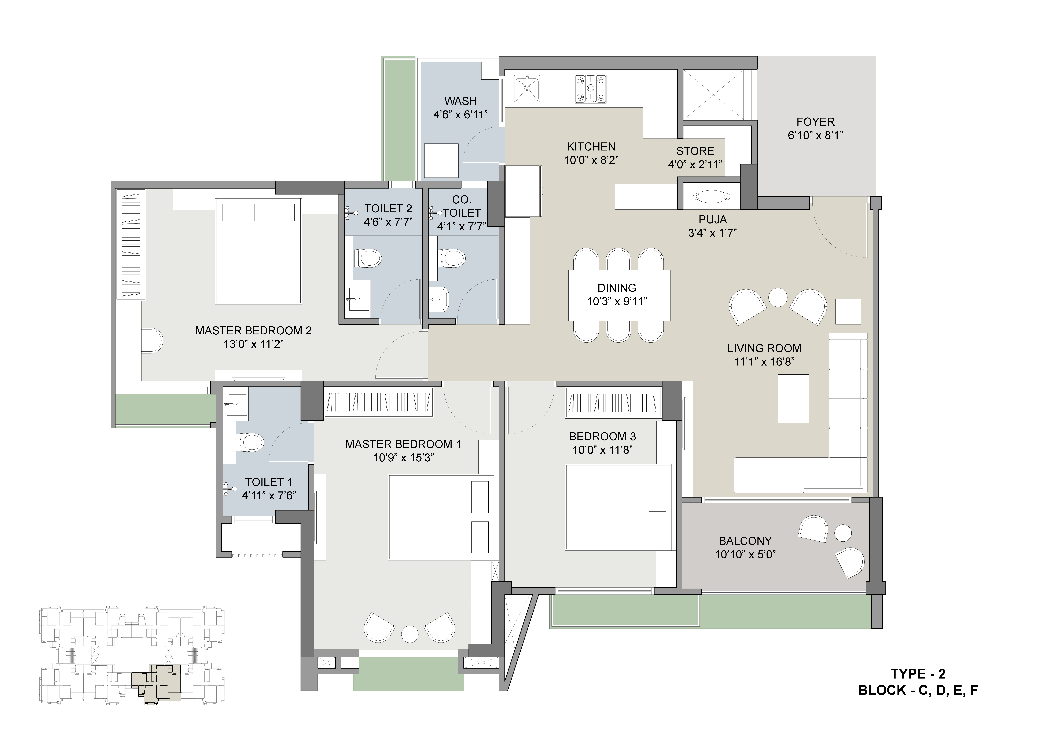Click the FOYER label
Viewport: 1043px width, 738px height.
(815, 122)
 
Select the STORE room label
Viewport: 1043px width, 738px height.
(695, 151)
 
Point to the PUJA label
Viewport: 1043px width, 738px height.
(712, 219)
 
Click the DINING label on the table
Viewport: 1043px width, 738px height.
(616, 288)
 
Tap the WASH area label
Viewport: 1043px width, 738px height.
(461, 101)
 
